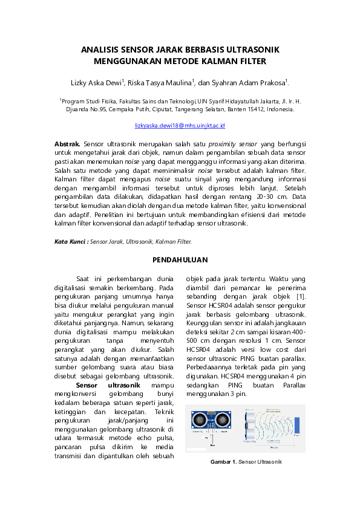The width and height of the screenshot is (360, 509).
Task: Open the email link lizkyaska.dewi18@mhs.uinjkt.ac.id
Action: click(x=180, y=125)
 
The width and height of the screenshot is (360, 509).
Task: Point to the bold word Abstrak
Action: click(x=67, y=145)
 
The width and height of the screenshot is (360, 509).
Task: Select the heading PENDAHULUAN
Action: click(x=180, y=260)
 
